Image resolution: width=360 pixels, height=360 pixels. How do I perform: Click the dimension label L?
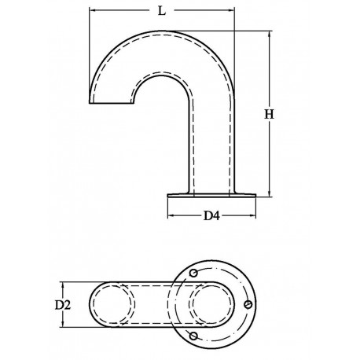point(160,13)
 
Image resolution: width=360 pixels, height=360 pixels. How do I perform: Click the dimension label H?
point(268,114)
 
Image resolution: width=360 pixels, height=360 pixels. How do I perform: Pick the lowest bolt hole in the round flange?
point(189,337)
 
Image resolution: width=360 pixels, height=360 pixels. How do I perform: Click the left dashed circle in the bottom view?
point(112,303)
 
